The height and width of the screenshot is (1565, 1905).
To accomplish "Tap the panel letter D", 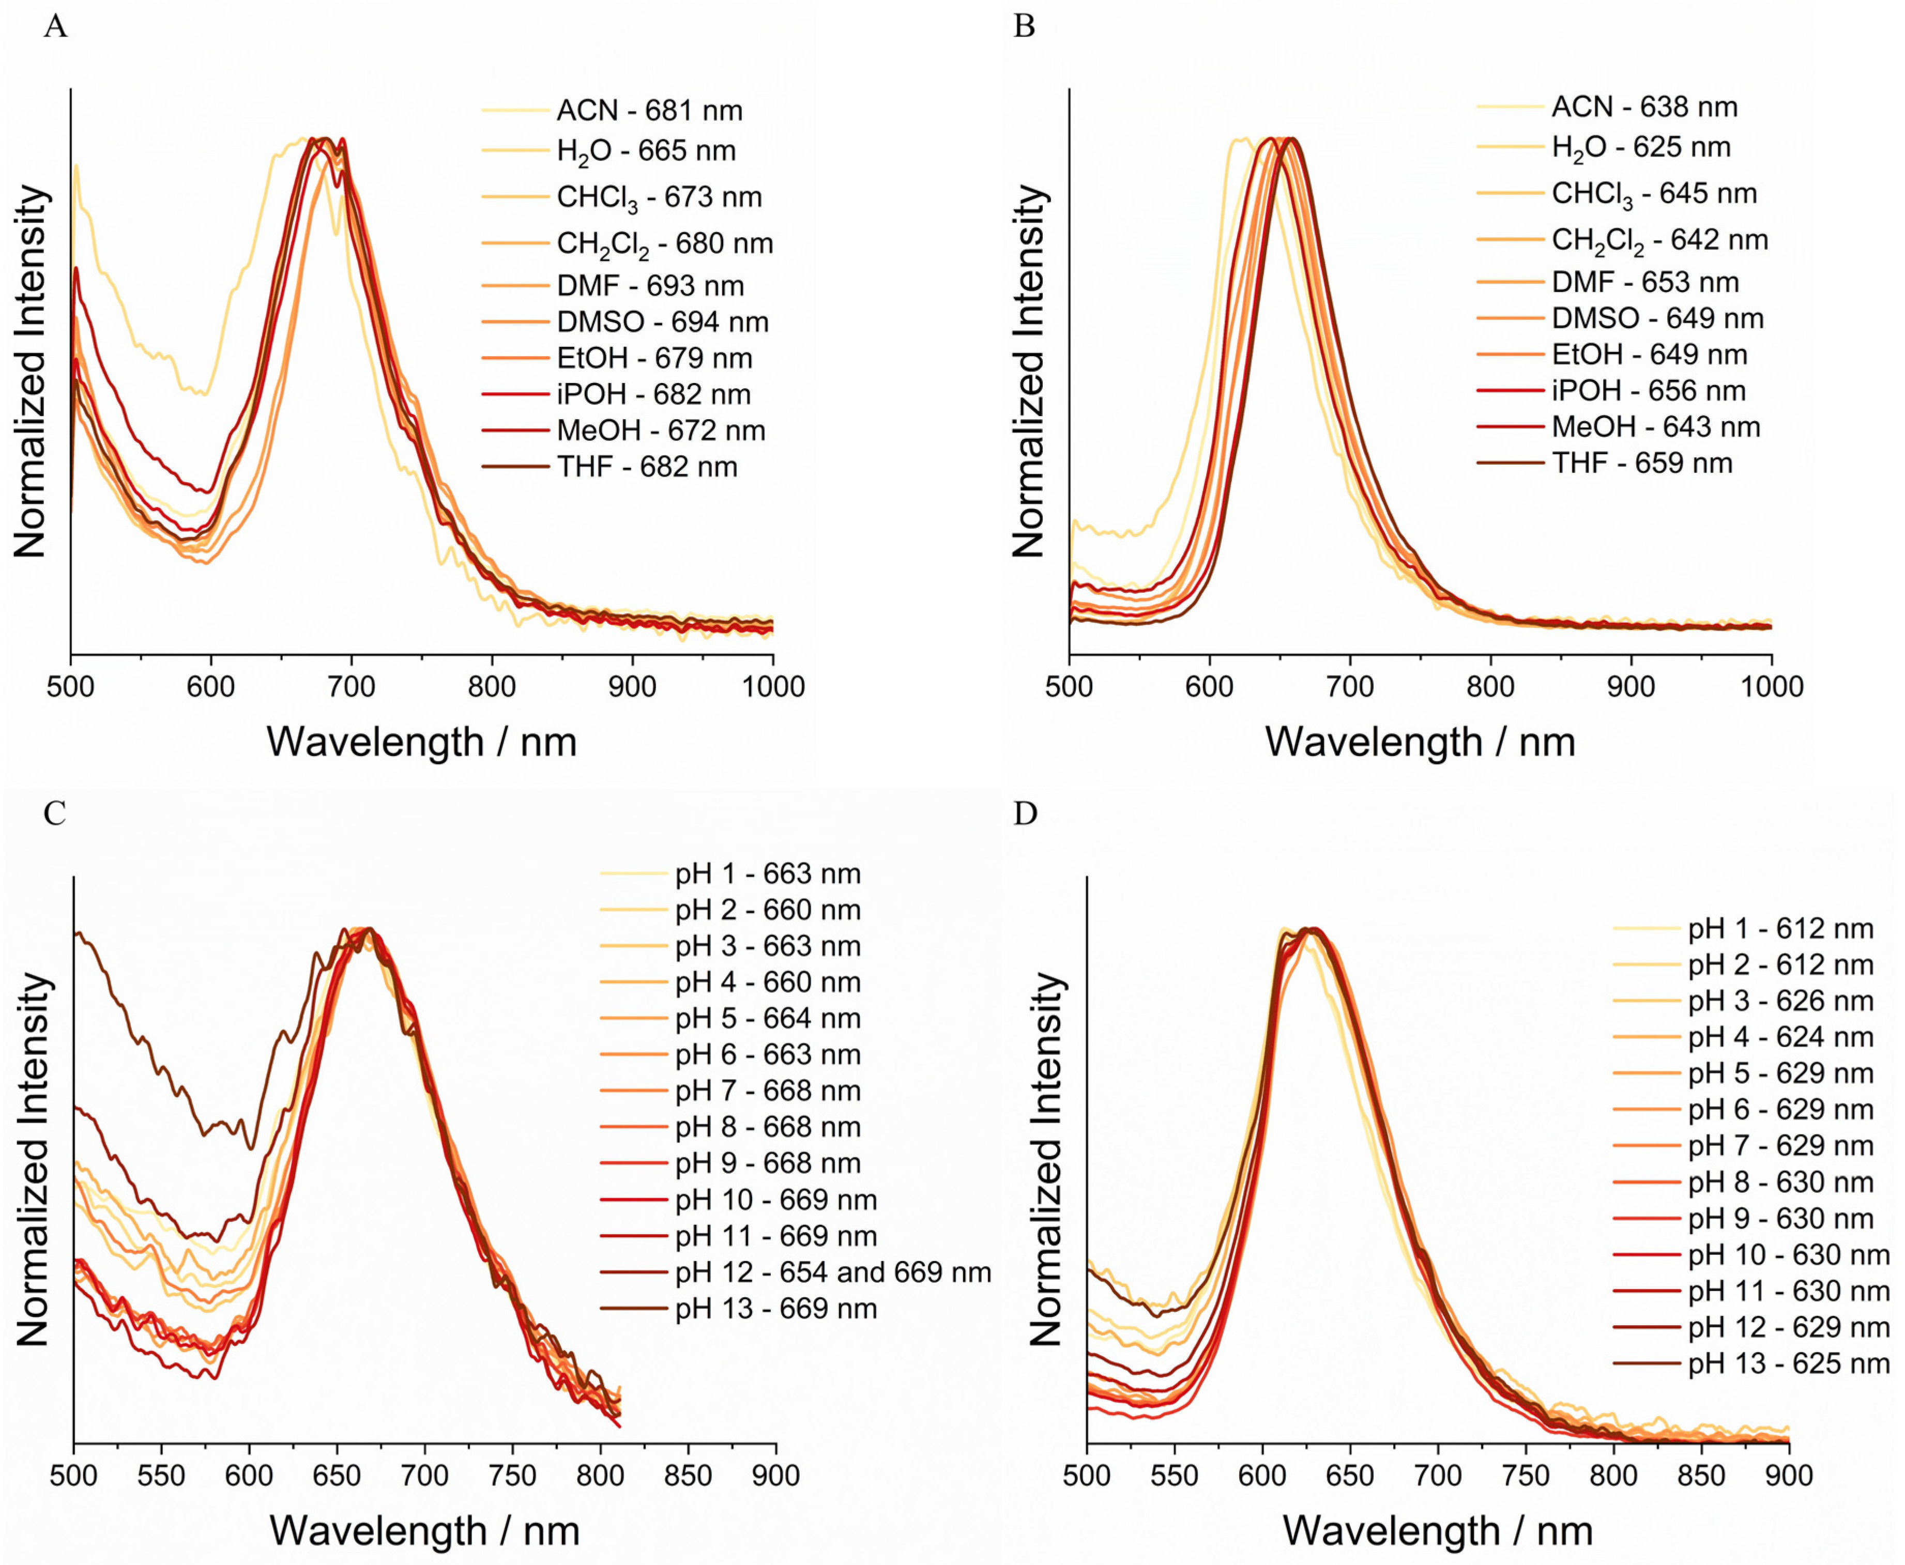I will click(x=1025, y=814).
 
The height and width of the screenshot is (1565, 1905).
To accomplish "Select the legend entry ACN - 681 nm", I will click(x=649, y=111).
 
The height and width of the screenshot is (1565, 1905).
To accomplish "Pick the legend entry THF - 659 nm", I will click(x=1641, y=464).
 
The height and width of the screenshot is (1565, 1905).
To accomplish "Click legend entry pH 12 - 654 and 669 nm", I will click(x=832, y=1272).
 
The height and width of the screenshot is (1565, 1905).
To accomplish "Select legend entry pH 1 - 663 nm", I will click(x=767, y=873).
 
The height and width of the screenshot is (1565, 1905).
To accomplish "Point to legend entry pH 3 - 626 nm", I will click(x=1780, y=1001).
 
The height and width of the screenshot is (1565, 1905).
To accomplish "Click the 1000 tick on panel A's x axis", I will click(x=773, y=687).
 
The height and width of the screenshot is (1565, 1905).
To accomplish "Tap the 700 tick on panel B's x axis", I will click(x=1350, y=687).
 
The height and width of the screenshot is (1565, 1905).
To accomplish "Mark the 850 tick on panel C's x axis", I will click(x=689, y=1476).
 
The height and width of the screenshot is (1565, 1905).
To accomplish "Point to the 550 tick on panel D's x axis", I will click(x=1175, y=1476).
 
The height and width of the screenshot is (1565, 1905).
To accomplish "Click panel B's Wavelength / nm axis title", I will click(x=1420, y=742).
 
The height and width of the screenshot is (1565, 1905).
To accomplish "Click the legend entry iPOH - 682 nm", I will click(x=653, y=394).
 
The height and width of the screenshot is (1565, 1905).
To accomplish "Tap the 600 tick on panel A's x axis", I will click(x=211, y=687).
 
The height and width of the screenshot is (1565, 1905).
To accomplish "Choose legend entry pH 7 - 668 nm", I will click(x=767, y=1091).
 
